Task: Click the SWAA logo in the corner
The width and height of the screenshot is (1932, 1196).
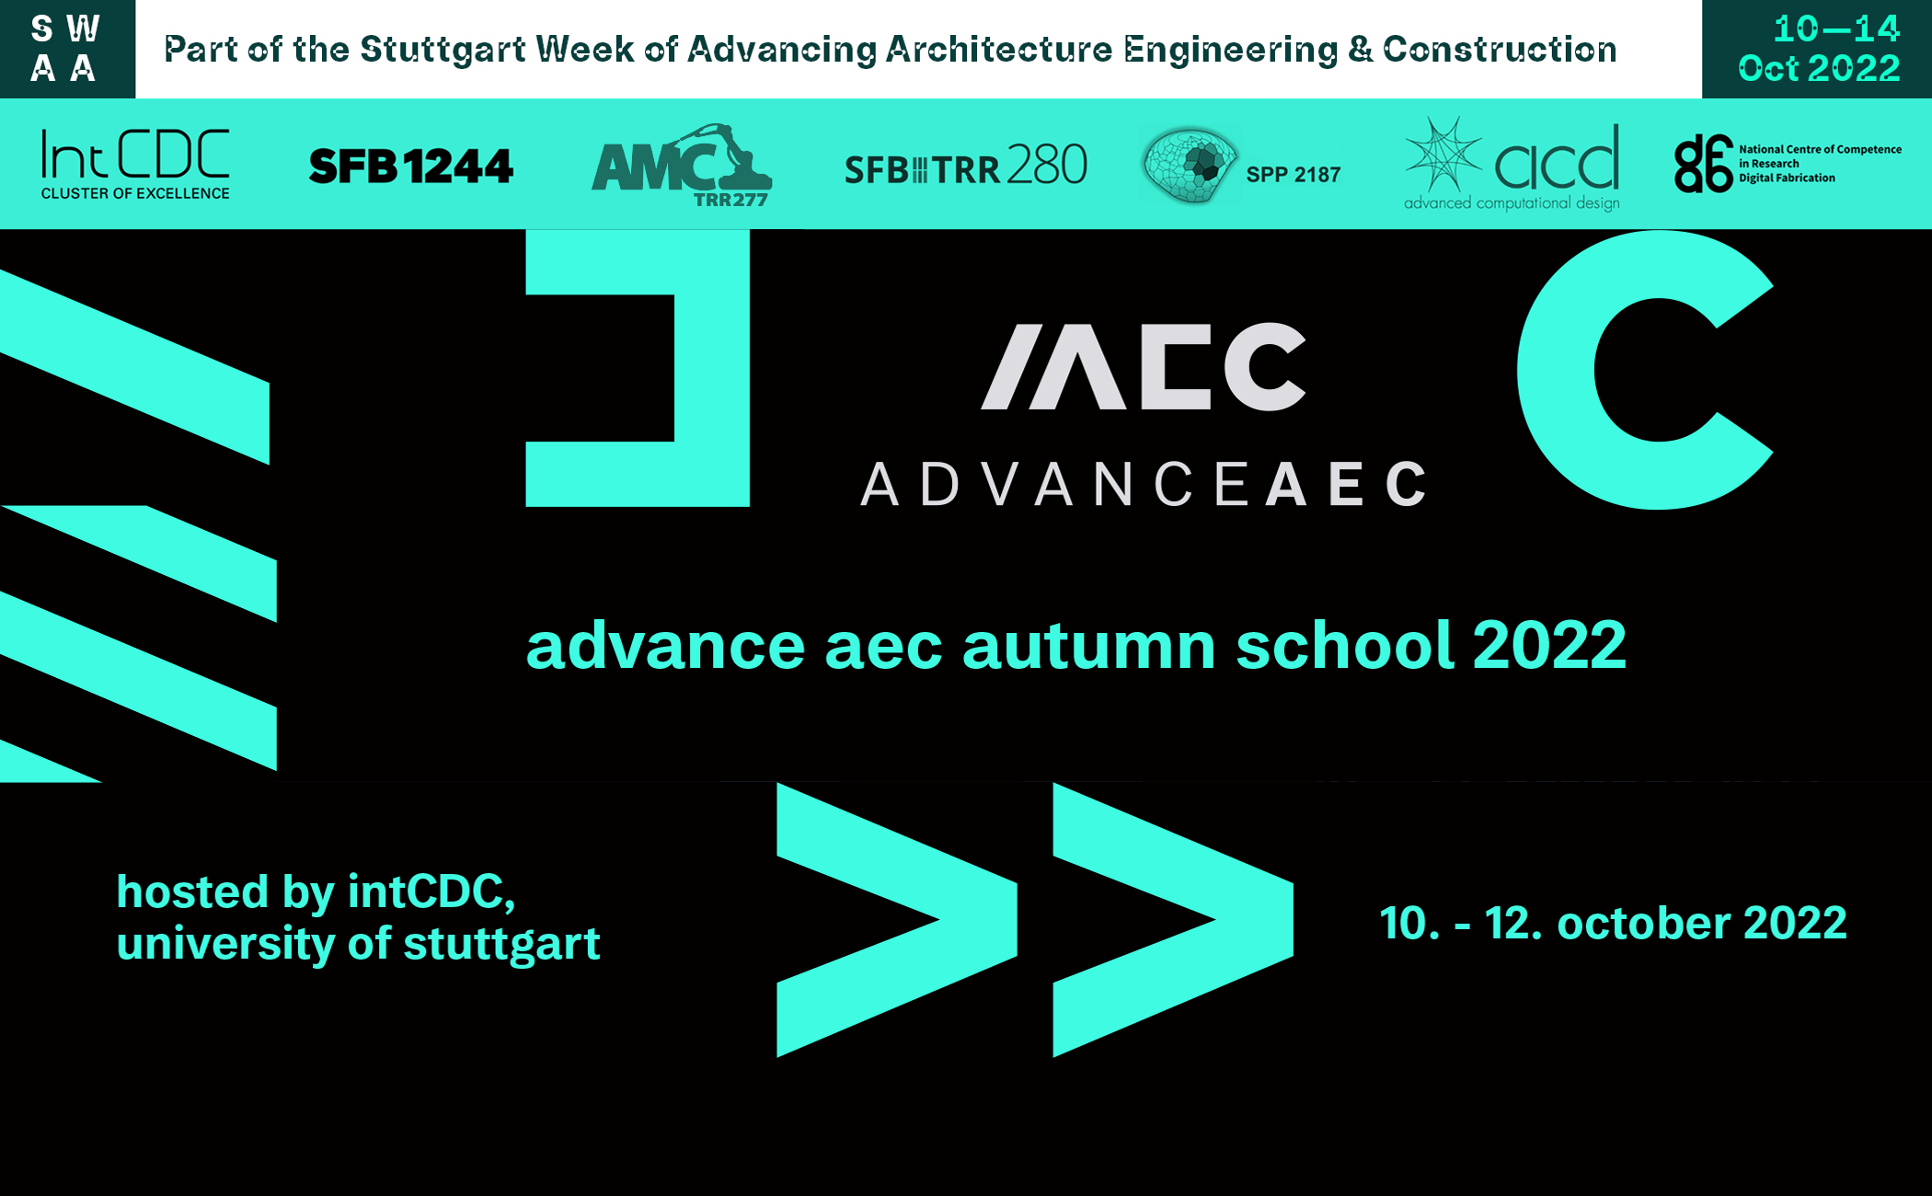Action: tap(66, 49)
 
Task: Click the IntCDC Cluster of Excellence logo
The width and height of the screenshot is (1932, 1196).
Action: tap(135, 164)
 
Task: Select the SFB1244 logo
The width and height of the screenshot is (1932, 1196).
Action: tap(410, 167)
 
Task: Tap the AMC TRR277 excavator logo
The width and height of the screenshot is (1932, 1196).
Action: tap(681, 166)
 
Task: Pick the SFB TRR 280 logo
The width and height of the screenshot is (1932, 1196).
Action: tap(966, 167)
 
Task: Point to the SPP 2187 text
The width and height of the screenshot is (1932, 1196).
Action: tap(1293, 174)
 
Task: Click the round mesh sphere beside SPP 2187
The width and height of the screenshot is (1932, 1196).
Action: tap(1190, 165)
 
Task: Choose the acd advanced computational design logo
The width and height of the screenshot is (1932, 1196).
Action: tap(1512, 165)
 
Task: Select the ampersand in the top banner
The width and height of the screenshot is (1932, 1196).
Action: tap(1360, 49)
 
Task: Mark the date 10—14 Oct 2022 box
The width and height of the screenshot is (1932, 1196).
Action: tap(1817, 49)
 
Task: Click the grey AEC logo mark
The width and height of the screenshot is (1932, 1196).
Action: tap(1144, 366)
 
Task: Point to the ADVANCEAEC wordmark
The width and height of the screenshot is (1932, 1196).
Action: tap(1144, 484)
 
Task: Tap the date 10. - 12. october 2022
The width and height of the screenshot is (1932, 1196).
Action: tap(1613, 923)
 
